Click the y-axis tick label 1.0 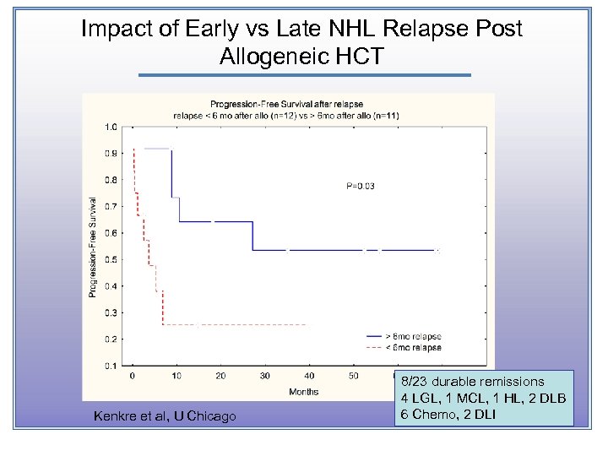pyautogui.click(x=111, y=128)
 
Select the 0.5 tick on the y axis pyautogui.click(x=111, y=260)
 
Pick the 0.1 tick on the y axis pyautogui.click(x=111, y=366)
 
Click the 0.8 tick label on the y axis pyautogui.click(x=111, y=181)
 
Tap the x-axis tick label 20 pyautogui.click(x=220, y=376)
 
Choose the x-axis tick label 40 pyautogui.click(x=309, y=376)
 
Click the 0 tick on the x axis pyautogui.click(x=132, y=376)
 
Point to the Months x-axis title pyautogui.click(x=304, y=392)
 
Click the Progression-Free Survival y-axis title pyautogui.click(x=93, y=246)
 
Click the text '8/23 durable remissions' pyautogui.click(x=473, y=382)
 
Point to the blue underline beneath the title pyautogui.click(x=304, y=75)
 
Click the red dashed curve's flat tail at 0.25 pyautogui.click(x=236, y=325)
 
